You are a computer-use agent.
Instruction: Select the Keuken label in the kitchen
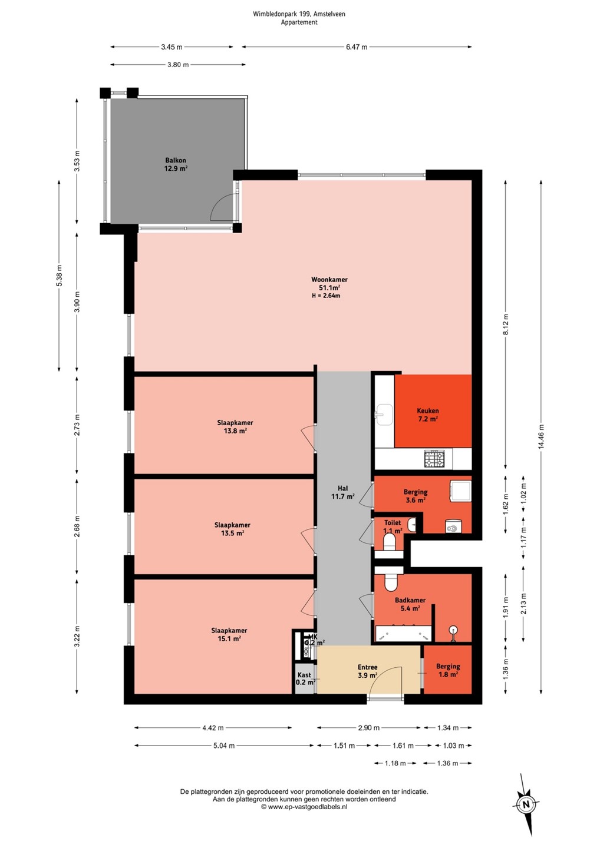(x=428, y=411)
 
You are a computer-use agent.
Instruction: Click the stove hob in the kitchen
(x=434, y=459)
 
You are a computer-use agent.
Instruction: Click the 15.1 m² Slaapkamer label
(x=229, y=634)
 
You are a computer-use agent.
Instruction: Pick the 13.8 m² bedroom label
(x=235, y=426)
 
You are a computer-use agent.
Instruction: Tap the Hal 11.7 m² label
(x=343, y=492)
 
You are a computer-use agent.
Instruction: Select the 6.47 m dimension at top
(x=357, y=47)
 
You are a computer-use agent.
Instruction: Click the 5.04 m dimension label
(x=224, y=746)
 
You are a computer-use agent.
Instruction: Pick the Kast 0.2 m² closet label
(x=305, y=678)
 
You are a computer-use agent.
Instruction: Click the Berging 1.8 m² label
(x=448, y=670)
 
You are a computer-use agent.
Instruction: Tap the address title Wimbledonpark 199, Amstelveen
(x=299, y=14)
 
